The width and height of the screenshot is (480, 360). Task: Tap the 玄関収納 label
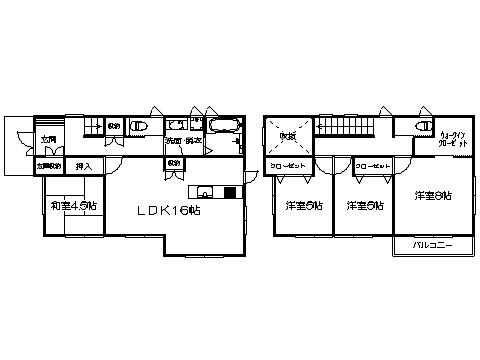point(49,166)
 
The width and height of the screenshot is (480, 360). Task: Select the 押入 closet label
point(84,166)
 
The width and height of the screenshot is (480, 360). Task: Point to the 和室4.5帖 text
point(74,206)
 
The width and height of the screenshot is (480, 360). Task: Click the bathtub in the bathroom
point(222,126)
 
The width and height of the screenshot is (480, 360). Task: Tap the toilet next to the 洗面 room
point(141,126)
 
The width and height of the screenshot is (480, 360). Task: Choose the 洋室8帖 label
point(433,195)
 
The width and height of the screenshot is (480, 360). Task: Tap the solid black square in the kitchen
point(229,192)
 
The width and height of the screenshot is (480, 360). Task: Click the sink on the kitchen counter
point(207,192)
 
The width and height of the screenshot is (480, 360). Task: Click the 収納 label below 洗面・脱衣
point(174,163)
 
